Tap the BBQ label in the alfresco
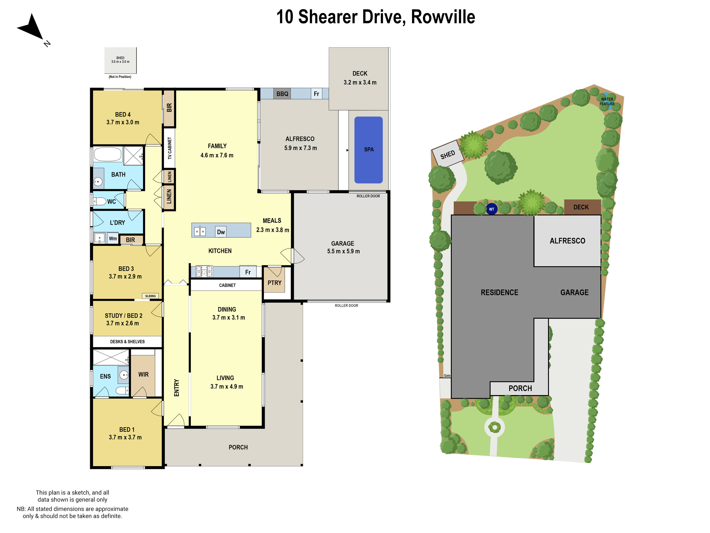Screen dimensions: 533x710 (x=282, y=94)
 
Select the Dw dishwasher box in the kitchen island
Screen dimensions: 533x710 (x=221, y=232)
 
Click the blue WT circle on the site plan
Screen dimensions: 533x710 (x=491, y=209)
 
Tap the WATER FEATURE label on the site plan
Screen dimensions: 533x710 (x=607, y=101)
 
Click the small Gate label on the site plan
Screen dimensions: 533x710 (x=447, y=376)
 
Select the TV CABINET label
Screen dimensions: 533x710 (x=170, y=148)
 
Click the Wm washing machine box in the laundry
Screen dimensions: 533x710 (x=113, y=238)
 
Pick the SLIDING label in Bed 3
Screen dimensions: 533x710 (x=150, y=296)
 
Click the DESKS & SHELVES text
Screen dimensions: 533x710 (x=127, y=342)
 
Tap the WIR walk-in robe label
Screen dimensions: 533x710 (x=143, y=374)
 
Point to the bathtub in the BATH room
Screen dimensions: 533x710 (x=107, y=155)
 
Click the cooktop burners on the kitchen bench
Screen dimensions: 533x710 (x=204, y=271)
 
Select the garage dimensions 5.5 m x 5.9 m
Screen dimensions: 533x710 (x=343, y=251)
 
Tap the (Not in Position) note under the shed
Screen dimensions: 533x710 (x=120, y=77)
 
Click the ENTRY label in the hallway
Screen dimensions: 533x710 (x=176, y=388)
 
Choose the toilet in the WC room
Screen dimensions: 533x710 (x=100, y=201)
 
